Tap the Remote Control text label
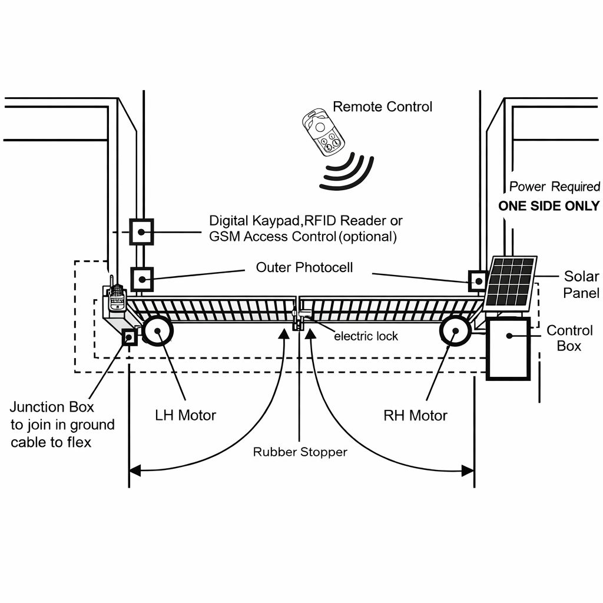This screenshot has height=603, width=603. click(382, 107)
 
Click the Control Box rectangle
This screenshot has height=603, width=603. click(508, 348)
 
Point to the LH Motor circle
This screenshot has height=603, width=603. click(158, 331)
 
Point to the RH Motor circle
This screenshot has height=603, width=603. click(455, 332)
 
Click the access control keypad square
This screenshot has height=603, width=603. click(141, 231)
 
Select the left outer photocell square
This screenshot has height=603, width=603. click(141, 279)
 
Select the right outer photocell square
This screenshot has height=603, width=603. click(477, 280)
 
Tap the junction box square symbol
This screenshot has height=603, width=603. click(129, 337)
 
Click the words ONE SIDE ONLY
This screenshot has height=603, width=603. click(549, 206)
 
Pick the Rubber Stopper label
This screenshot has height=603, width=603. click(300, 452)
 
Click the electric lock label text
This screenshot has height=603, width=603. click(366, 336)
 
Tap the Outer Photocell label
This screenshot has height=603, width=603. click(304, 267)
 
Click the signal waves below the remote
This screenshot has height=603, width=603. click(348, 171)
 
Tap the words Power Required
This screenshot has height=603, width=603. click(554, 187)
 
